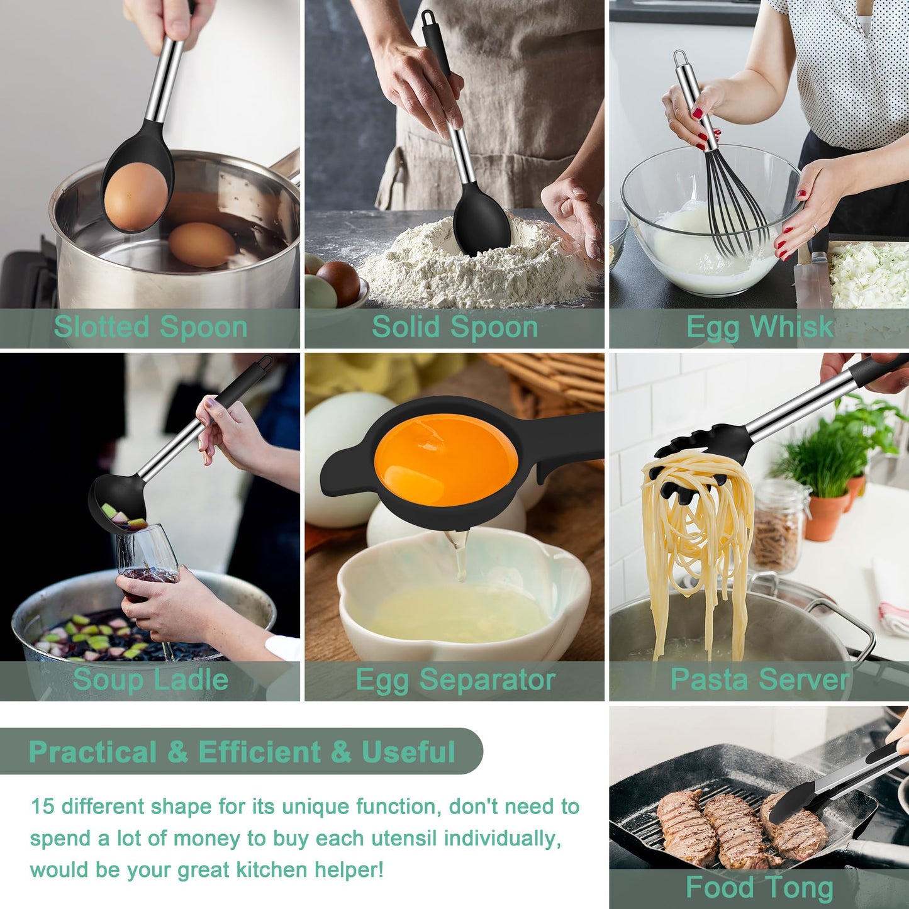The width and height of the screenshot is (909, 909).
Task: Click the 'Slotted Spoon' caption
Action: pos(150,327)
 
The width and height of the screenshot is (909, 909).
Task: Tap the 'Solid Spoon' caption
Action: pos(454,327)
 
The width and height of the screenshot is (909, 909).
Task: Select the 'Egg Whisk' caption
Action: pos(759,327)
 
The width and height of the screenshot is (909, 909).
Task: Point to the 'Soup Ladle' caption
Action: pos(150,680)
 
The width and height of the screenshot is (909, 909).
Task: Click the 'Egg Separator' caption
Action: pos(455,680)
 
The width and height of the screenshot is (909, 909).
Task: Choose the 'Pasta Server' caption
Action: pos(759,680)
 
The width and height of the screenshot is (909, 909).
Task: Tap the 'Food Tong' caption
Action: pos(759,888)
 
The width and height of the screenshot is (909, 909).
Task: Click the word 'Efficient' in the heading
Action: pos(259,752)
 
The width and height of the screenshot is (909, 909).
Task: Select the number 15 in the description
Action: pos(43,806)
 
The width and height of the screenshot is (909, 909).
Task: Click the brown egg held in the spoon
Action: pos(135,196)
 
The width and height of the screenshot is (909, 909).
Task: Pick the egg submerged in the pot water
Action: pos(202,245)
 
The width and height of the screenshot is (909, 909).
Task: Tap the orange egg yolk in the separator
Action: pos(446,459)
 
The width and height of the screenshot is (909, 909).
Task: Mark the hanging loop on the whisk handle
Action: pos(681,60)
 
